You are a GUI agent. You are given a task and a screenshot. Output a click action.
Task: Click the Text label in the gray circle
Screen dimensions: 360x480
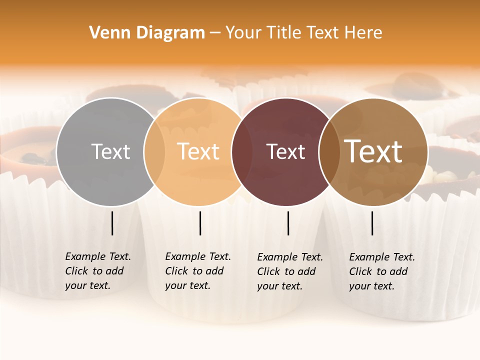point(110,151)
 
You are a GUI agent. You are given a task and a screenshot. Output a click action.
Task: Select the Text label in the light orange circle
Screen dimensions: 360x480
point(198,151)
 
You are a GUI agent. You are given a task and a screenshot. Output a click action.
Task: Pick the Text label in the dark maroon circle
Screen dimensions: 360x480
point(285,152)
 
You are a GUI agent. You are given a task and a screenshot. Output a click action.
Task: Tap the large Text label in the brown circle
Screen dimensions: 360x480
point(373,151)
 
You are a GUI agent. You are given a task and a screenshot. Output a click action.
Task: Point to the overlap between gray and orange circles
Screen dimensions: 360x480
point(154,151)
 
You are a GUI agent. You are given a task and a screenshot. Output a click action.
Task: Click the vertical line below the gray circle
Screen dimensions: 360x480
point(112,223)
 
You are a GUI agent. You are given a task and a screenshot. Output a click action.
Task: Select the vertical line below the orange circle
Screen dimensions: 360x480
point(200,223)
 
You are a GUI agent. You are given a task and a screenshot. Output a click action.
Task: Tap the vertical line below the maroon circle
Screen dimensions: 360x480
point(288,223)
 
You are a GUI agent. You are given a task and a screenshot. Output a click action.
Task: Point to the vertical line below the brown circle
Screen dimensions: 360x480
point(372,223)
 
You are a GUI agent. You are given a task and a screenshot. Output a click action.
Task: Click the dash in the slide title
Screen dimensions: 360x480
point(215,33)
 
